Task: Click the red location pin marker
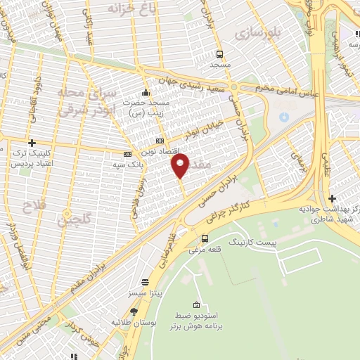(x=181, y=166)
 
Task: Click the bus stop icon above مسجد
(x=220, y=54)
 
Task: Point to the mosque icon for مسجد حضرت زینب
(x=146, y=92)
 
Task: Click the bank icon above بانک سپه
(x=127, y=153)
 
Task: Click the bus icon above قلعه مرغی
(x=205, y=238)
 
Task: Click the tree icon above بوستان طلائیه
(x=134, y=311)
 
